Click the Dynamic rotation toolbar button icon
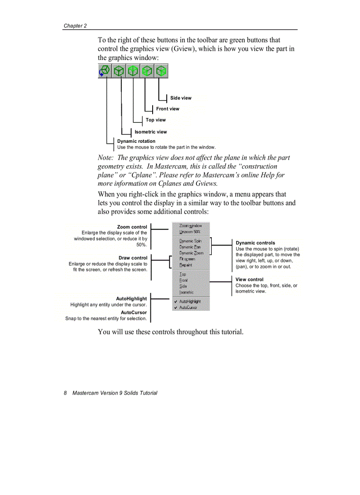coord(105,71)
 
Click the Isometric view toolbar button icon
coord(119,71)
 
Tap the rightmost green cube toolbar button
coord(161,71)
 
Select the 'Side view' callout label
coord(181,98)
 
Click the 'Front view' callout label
coord(168,109)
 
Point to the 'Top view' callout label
coord(156,120)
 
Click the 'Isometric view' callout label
coord(150,132)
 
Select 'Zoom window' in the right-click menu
coord(191,226)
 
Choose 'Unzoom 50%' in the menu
coord(190,231)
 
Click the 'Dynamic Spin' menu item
coord(191,241)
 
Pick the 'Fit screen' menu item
coord(187,259)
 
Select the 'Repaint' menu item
coord(186,265)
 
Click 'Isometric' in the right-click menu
coord(186,292)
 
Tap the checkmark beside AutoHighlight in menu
coord(176,301)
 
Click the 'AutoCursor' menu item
coord(188,308)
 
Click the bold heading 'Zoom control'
coord(132,227)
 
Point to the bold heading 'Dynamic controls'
coord(255,243)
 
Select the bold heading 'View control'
coord(249,279)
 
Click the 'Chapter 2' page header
coord(75,26)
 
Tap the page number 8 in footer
coord(65,393)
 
